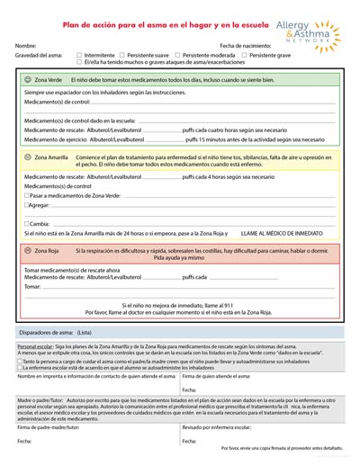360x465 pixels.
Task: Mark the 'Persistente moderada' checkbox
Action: (178, 55)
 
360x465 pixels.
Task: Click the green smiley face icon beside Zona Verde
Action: (28, 80)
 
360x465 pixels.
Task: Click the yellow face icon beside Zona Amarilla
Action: (28, 157)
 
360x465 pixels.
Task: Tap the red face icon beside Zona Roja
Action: (28, 250)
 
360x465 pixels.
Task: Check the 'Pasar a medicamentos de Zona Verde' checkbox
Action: (26, 195)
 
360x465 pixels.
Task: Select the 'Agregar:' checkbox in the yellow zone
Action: (26, 205)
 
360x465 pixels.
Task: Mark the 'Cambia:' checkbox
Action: (26, 223)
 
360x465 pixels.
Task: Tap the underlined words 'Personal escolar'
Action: (35, 346)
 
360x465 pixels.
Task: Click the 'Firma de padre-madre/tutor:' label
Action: (50, 427)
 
